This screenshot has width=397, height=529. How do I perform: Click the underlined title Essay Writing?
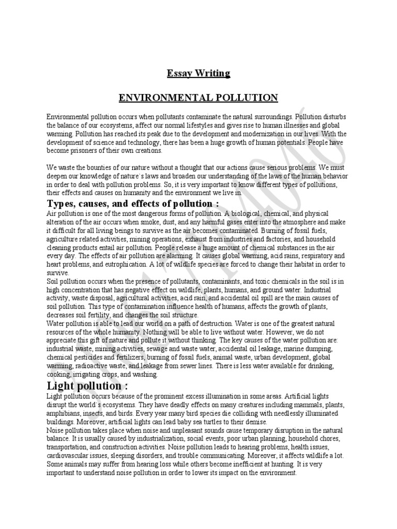pyautogui.click(x=198, y=73)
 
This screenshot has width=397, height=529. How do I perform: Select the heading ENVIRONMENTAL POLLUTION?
pyautogui.click(x=198, y=98)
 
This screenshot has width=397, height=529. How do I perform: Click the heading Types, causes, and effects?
pyautogui.click(x=129, y=204)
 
